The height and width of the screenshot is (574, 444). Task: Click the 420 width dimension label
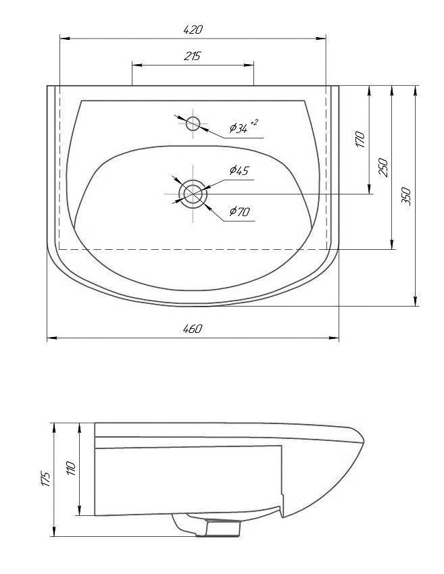193,29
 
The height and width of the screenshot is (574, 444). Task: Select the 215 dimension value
193,56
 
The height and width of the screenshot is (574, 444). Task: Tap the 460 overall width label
193,328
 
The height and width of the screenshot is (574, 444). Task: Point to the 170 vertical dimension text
360,139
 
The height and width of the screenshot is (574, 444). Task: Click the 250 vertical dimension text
383,167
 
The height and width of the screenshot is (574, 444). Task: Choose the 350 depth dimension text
406,197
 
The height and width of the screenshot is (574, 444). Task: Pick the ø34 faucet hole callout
239,128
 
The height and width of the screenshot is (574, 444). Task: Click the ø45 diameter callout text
239,170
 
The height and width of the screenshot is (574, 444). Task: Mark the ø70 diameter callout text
240,211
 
